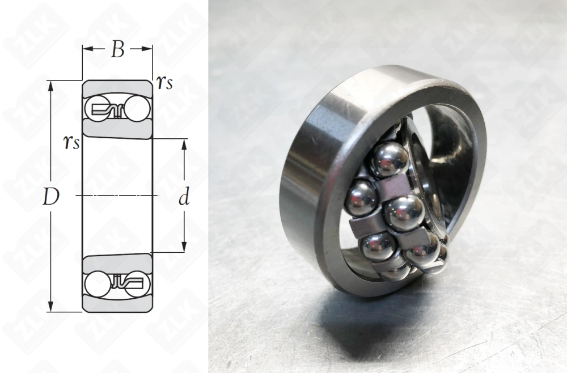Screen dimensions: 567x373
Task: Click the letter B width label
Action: [x=117, y=49]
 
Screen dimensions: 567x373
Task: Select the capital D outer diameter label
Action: [x=50, y=197]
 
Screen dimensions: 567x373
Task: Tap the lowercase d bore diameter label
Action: [x=184, y=197]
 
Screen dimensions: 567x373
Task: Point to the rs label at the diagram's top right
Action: [x=164, y=83]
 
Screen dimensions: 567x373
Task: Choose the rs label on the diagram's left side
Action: [x=71, y=142]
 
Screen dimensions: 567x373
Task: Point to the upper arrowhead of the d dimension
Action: [x=184, y=145]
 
